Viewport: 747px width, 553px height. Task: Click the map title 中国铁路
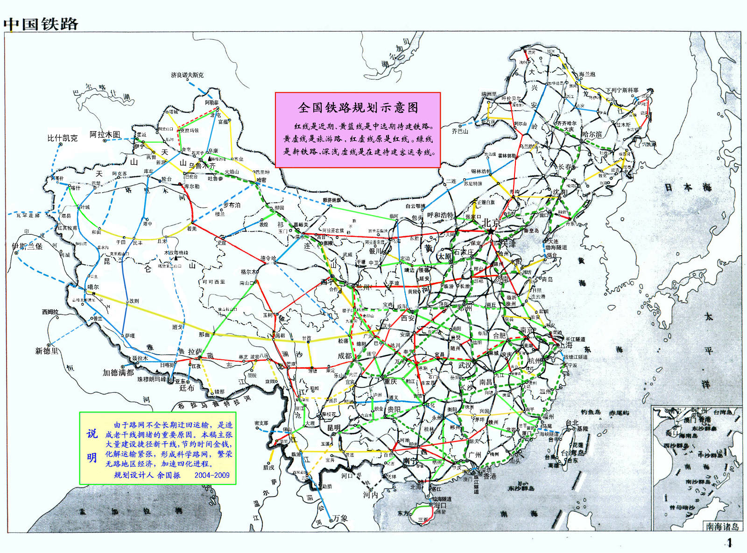(41, 24)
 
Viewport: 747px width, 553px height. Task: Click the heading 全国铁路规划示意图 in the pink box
(358, 108)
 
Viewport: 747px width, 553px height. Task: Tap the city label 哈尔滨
(592, 134)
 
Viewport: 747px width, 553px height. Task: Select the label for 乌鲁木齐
(202, 165)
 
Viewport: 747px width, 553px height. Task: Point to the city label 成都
(345, 356)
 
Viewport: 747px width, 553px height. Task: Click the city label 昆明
(333, 427)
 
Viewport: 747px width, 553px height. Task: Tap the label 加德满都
(118, 372)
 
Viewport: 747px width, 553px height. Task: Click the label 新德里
(47, 350)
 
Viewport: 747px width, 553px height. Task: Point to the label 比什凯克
(62, 138)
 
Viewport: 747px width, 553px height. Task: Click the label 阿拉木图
(105, 134)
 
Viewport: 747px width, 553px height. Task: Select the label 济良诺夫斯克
(187, 75)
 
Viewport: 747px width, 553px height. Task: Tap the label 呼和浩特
(440, 215)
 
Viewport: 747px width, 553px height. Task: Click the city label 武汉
(465, 365)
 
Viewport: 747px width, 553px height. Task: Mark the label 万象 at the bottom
(340, 518)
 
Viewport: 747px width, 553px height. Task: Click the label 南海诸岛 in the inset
(722, 526)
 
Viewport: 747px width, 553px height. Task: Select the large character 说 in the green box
(92, 434)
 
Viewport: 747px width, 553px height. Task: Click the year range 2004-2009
(212, 475)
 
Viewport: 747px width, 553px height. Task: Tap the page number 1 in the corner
(729, 542)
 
